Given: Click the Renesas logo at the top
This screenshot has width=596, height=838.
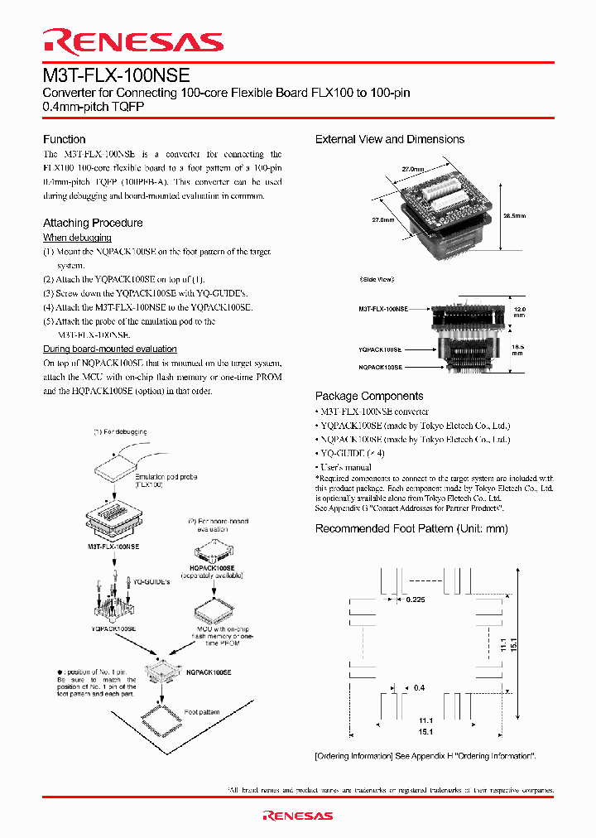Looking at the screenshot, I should click(x=133, y=42).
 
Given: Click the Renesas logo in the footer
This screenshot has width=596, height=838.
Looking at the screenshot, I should click(x=297, y=816).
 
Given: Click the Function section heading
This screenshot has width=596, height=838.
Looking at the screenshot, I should click(x=64, y=139).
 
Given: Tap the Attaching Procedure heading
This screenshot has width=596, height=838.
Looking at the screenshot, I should click(x=93, y=223).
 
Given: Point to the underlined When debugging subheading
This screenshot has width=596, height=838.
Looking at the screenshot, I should click(x=77, y=238).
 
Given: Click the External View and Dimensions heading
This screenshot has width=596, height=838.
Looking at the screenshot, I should click(x=390, y=139).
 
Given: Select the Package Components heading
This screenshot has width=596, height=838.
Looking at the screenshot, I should click(x=369, y=396).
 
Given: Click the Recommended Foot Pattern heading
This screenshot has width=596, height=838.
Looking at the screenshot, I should click(x=411, y=528).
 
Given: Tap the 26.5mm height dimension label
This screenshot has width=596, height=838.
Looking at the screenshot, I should click(x=514, y=214).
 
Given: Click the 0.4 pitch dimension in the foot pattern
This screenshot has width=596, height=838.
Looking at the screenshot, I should click(x=419, y=687).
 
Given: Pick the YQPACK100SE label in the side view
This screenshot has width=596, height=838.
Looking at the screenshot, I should click(x=380, y=350).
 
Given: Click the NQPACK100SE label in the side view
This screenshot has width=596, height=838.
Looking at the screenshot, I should click(x=380, y=366).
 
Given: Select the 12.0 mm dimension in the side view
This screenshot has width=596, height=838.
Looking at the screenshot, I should click(x=518, y=311).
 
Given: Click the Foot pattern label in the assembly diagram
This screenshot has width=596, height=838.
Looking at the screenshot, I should click(x=202, y=712).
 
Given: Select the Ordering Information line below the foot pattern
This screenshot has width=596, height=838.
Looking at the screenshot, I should click(x=425, y=756).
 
